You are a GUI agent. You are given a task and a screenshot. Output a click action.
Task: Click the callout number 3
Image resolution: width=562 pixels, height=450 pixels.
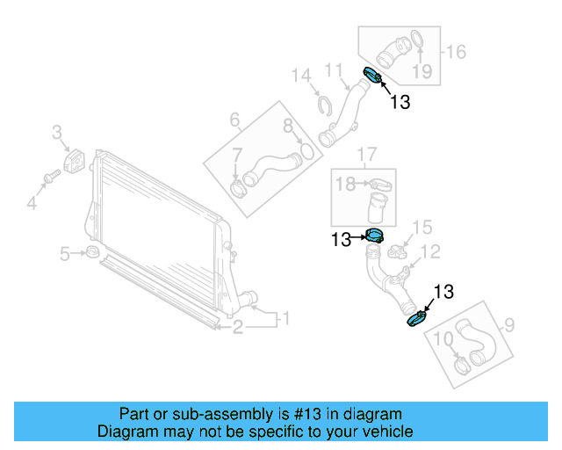(x=56, y=134)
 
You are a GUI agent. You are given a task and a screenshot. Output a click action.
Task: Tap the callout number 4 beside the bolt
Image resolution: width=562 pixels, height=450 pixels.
(x=32, y=204)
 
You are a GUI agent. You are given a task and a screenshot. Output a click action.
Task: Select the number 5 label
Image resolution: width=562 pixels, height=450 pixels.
(x=65, y=255)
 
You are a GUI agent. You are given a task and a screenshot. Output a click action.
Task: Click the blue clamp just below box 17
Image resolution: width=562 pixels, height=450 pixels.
(x=375, y=236)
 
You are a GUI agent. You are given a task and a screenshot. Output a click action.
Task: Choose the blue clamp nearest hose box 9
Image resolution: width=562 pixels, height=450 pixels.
(x=416, y=317)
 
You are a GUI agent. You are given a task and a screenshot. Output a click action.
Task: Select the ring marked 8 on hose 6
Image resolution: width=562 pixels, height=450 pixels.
(x=305, y=152)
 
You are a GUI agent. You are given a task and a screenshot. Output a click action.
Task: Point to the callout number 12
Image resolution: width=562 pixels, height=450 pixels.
(x=430, y=253)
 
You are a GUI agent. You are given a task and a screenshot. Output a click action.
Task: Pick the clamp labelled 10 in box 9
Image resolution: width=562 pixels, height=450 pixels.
(x=461, y=360)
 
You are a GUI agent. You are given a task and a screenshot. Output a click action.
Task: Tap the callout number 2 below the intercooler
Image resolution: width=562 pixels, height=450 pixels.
(x=238, y=329)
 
